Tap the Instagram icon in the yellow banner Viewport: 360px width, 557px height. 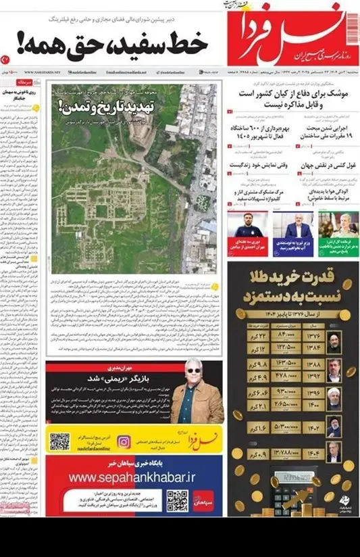pyautogui.click(x=124, y=442)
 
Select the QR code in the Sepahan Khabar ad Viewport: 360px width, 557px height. pyautogui.click(x=177, y=501)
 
